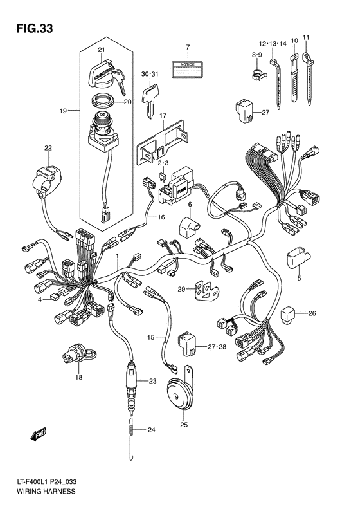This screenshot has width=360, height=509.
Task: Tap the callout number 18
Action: point(79,377)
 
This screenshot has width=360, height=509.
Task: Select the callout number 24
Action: point(152,430)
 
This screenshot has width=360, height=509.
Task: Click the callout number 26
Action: point(312,314)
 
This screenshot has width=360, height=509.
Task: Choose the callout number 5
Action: point(298,279)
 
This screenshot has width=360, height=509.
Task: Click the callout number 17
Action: point(163,116)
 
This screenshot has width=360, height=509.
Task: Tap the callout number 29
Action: point(181,288)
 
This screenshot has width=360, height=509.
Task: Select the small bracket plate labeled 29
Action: point(204,289)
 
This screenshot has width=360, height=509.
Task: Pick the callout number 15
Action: point(150,337)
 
